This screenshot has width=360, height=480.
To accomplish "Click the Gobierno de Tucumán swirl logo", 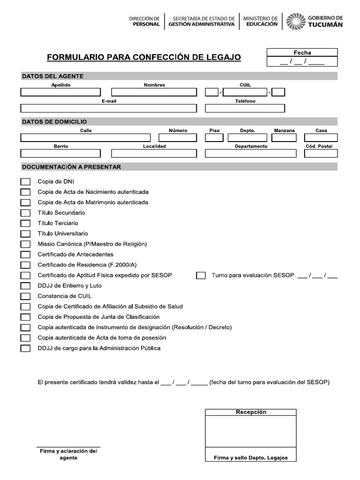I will click(x=295, y=21).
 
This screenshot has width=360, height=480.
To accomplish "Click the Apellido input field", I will click(x=60, y=92).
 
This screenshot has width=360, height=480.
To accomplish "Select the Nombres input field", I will click(x=154, y=92).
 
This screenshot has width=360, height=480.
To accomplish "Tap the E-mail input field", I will click(x=109, y=108).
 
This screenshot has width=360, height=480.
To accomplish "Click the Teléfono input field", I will click(x=245, y=108).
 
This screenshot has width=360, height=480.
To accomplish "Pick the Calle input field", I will click(x=85, y=138).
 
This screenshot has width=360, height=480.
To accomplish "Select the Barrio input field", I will click(x=60, y=153).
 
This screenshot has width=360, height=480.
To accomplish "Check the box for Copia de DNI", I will click(x=25, y=182).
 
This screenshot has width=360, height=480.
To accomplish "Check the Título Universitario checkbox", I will click(x=25, y=233).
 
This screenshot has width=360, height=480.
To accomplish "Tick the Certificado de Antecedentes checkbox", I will click(x=25, y=255).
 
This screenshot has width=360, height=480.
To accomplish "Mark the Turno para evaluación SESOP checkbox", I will click(x=201, y=276).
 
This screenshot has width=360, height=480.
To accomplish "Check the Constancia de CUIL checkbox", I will click(x=25, y=296).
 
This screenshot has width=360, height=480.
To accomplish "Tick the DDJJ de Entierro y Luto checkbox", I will click(x=25, y=286).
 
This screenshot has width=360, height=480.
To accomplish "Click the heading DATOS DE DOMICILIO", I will click(x=54, y=122).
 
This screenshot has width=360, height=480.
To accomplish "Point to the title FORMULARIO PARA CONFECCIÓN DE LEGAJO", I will click(x=144, y=58).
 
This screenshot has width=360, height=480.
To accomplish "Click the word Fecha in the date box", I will click(x=302, y=52).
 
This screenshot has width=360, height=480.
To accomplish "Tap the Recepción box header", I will click(x=251, y=412).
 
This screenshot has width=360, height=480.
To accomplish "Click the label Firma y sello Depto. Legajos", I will click(x=251, y=458).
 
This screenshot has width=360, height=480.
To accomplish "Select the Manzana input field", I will click(x=285, y=138).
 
